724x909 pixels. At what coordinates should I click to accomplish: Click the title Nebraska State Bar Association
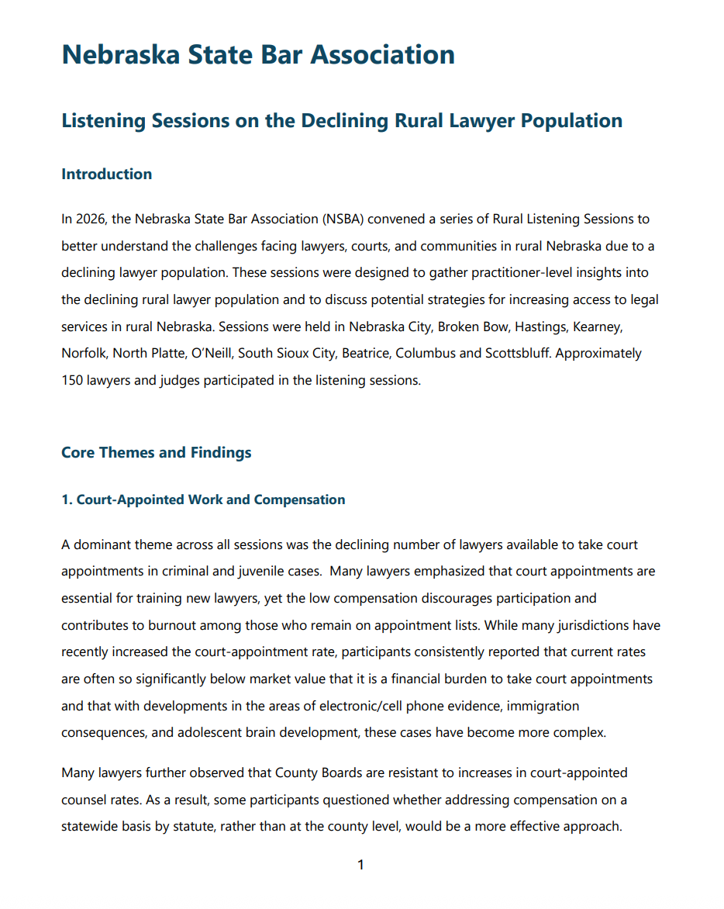[x=258, y=55]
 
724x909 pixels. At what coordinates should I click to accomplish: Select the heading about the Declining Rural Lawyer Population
[x=342, y=121]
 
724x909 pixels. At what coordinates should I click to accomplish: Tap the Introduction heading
[x=106, y=174]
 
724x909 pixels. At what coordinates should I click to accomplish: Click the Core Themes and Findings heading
[x=156, y=452]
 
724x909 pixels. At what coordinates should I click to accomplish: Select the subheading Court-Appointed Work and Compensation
[x=203, y=499]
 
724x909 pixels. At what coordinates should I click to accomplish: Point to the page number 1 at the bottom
[x=360, y=865]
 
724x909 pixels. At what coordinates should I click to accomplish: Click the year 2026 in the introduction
[x=90, y=219]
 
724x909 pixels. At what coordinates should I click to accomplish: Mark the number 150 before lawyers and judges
[x=72, y=381]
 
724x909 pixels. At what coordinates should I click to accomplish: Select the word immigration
[x=543, y=706]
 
